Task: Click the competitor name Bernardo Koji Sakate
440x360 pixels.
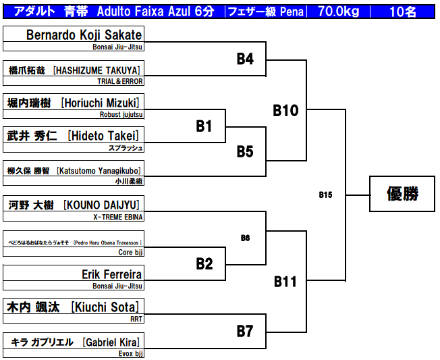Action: pyautogui.click(x=84, y=35)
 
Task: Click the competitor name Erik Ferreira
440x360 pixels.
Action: pyautogui.click(x=111, y=274)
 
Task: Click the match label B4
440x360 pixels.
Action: pyautogui.click(x=244, y=59)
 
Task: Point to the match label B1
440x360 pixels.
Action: pyautogui.click(x=204, y=126)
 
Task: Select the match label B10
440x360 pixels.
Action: pyautogui.click(x=285, y=110)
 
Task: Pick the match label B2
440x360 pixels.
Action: pyautogui.click(x=204, y=264)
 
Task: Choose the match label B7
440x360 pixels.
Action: pyautogui.click(x=244, y=332)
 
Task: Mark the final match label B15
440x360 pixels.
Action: pyautogui.click(x=325, y=195)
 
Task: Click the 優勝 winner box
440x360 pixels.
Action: pyautogui.click(x=402, y=195)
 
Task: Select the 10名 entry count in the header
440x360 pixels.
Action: pyautogui.click(x=403, y=12)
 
